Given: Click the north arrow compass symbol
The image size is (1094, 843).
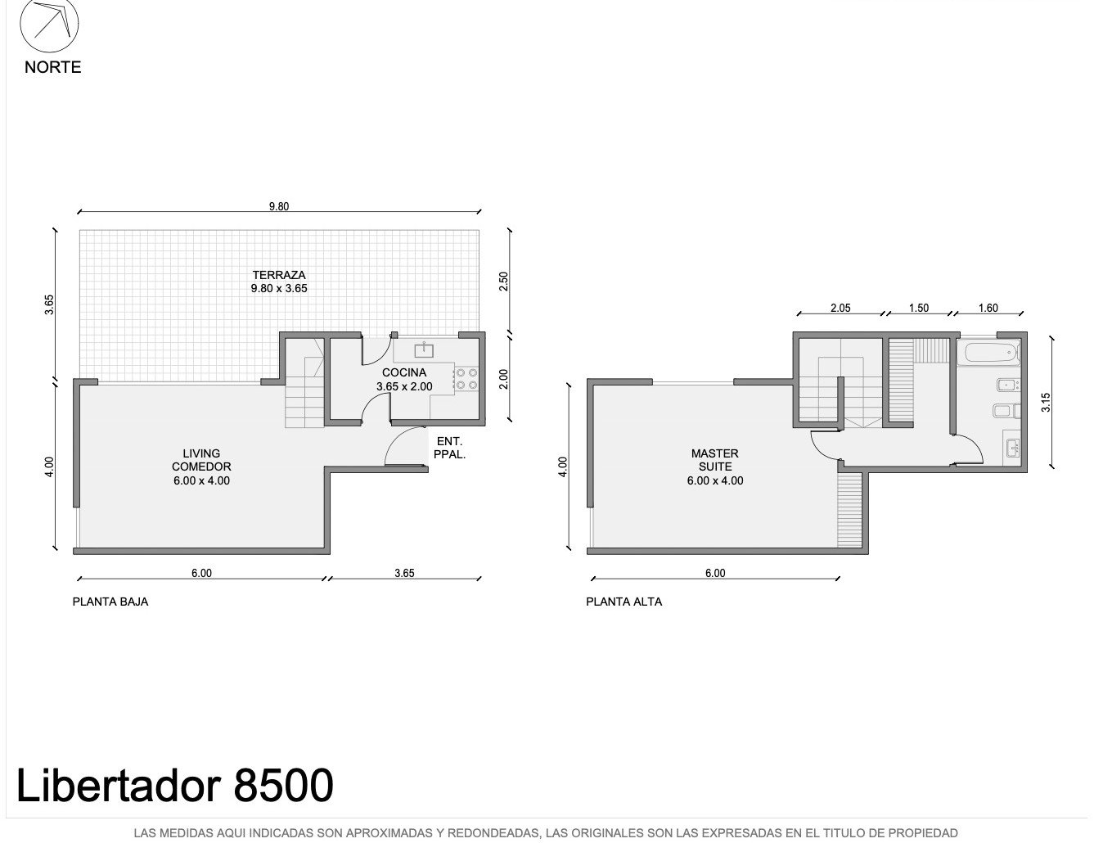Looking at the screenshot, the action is click(x=49, y=24).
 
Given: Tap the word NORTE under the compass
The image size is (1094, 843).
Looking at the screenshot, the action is click(x=53, y=67).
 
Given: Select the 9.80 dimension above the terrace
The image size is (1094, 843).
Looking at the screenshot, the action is click(x=279, y=206).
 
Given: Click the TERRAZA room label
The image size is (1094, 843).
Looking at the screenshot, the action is click(x=279, y=275).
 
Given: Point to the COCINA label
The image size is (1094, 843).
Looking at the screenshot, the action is click(x=404, y=372).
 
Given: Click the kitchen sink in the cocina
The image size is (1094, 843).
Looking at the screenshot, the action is click(x=424, y=350).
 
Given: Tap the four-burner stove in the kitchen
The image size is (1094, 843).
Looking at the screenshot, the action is click(x=466, y=379).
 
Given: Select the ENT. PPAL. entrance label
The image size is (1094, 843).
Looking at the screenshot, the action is click(x=449, y=449).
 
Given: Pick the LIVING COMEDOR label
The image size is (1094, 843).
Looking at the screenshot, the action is click(x=201, y=460).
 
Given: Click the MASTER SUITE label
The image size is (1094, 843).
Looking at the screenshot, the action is click(x=715, y=460).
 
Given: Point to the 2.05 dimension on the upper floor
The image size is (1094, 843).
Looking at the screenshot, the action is click(x=840, y=309).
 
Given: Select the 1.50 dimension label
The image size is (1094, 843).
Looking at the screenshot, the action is click(x=919, y=309).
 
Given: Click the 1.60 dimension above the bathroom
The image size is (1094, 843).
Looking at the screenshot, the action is click(x=988, y=309).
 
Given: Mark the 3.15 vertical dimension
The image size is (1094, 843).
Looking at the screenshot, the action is click(x=1047, y=403).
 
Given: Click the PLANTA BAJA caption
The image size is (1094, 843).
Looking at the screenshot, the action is click(x=110, y=602).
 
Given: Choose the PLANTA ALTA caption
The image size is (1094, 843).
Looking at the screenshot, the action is click(x=624, y=602).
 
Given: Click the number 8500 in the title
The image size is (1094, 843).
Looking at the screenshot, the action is click(x=283, y=785).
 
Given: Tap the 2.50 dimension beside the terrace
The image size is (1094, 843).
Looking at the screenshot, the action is click(x=503, y=282).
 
